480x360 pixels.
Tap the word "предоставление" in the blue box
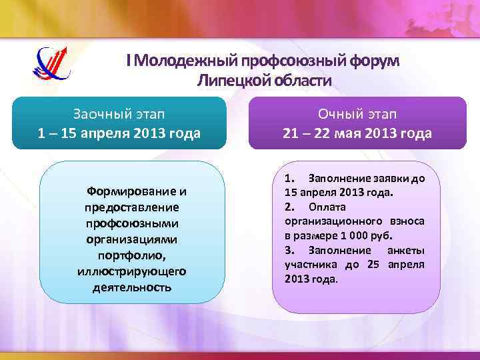[x=131, y=208]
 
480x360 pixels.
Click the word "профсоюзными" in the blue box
[x=131, y=224]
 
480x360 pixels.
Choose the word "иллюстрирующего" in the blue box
[x=131, y=272]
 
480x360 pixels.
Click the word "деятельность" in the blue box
[x=131, y=288]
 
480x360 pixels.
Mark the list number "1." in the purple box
[x=290, y=179]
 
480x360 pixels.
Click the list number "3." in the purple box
[x=290, y=251]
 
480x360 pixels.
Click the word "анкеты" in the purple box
[x=405, y=251]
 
